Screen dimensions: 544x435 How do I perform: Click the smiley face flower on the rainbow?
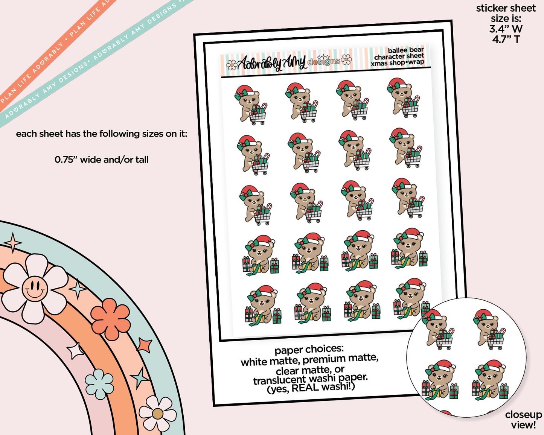coord(35,289)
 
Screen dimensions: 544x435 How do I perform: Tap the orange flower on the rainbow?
coord(110,319)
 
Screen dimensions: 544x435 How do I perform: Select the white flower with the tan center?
coord(158,414)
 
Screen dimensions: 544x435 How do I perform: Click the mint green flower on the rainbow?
coord(99,384)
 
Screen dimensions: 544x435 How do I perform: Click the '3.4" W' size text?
coord(506,29)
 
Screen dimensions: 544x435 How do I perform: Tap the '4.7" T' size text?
coord(506,39)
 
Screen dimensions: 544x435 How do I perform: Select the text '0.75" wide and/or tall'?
coord(102,160)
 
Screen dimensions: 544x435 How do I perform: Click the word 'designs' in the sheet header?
coord(323,61)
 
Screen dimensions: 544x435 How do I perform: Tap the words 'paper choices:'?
coord(309,350)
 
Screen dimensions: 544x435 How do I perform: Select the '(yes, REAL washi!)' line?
coord(311,388)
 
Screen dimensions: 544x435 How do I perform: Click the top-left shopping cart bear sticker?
coord(251,105)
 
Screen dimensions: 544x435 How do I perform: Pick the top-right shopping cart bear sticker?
coord(403,98)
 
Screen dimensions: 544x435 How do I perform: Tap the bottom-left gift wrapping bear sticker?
coord(263,306)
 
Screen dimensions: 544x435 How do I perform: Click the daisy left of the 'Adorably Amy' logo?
coord(232,65)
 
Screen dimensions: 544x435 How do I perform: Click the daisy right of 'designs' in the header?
coord(346,60)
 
